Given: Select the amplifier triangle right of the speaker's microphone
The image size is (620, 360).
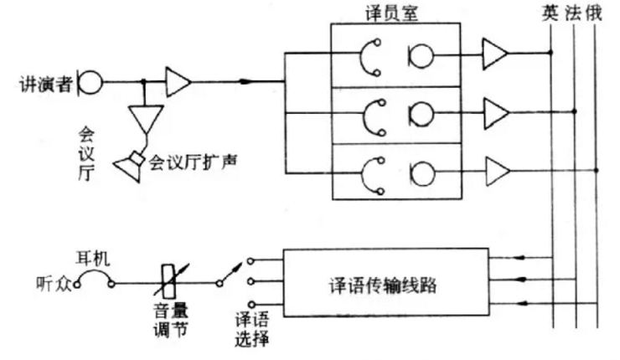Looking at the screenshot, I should (x=178, y=82).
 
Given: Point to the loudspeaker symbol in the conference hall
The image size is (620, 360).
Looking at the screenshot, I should (x=130, y=165).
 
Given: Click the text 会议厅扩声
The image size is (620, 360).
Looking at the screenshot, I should (x=191, y=159).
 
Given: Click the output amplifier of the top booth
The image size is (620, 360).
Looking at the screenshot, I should (x=493, y=55).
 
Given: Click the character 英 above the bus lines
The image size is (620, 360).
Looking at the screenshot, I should (x=551, y=13).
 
